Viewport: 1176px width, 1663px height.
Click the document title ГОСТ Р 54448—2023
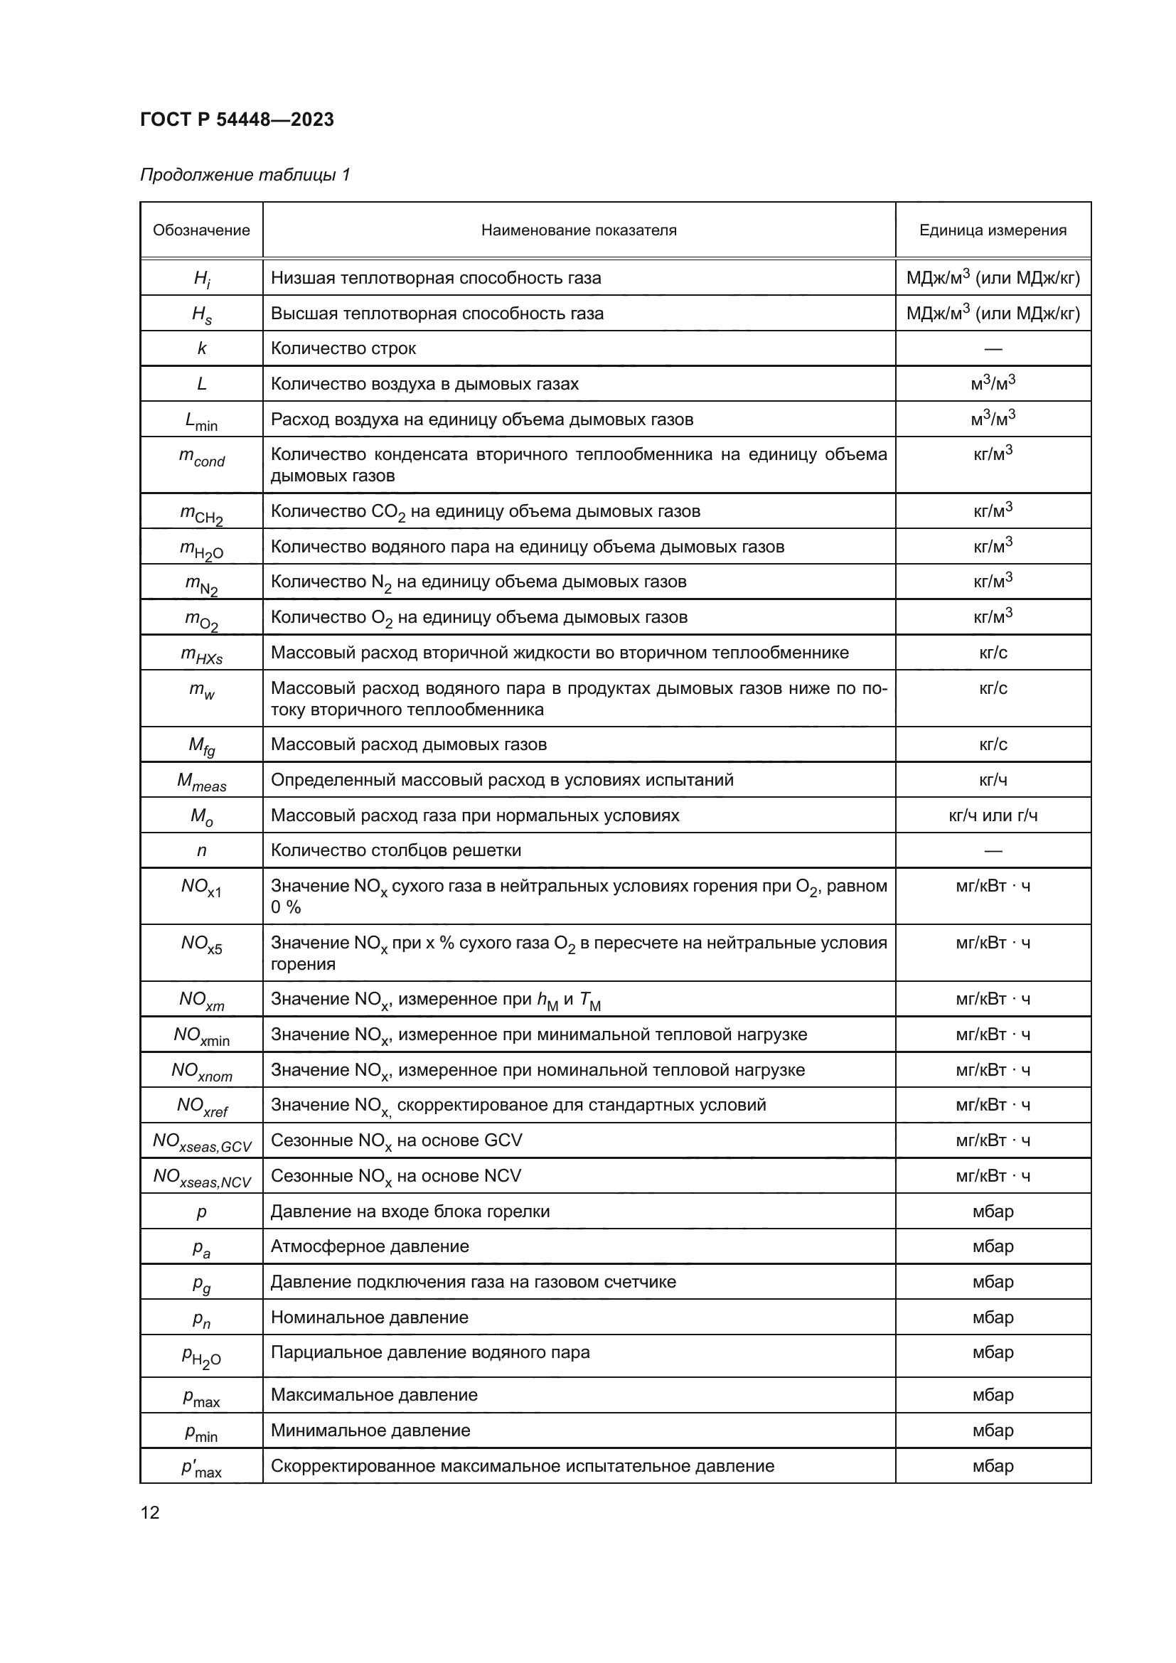click(237, 119)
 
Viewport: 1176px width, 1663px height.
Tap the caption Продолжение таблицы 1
click(245, 175)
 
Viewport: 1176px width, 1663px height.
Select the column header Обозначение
click(201, 230)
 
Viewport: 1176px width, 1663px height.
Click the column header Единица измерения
click(992, 230)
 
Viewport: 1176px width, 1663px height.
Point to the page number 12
click(150, 1512)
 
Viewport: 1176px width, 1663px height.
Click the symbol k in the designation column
click(201, 348)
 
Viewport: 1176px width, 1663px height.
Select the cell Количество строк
click(343, 348)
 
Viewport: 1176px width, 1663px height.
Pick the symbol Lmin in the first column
click(201, 421)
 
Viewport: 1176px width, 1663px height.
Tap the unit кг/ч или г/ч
click(992, 816)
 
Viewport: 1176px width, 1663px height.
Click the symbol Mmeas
click(201, 781)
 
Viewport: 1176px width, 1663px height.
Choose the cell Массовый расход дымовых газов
click(408, 744)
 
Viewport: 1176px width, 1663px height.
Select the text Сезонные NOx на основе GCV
click(396, 1140)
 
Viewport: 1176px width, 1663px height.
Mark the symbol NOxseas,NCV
click(201, 1177)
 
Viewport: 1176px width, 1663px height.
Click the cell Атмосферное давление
click(369, 1246)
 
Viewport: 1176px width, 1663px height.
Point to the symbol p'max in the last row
click(201, 1467)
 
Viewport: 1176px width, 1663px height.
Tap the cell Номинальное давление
click(369, 1317)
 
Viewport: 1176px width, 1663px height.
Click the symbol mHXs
click(201, 654)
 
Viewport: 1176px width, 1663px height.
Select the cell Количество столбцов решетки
click(395, 850)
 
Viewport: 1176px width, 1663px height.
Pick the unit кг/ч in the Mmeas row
click(992, 780)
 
